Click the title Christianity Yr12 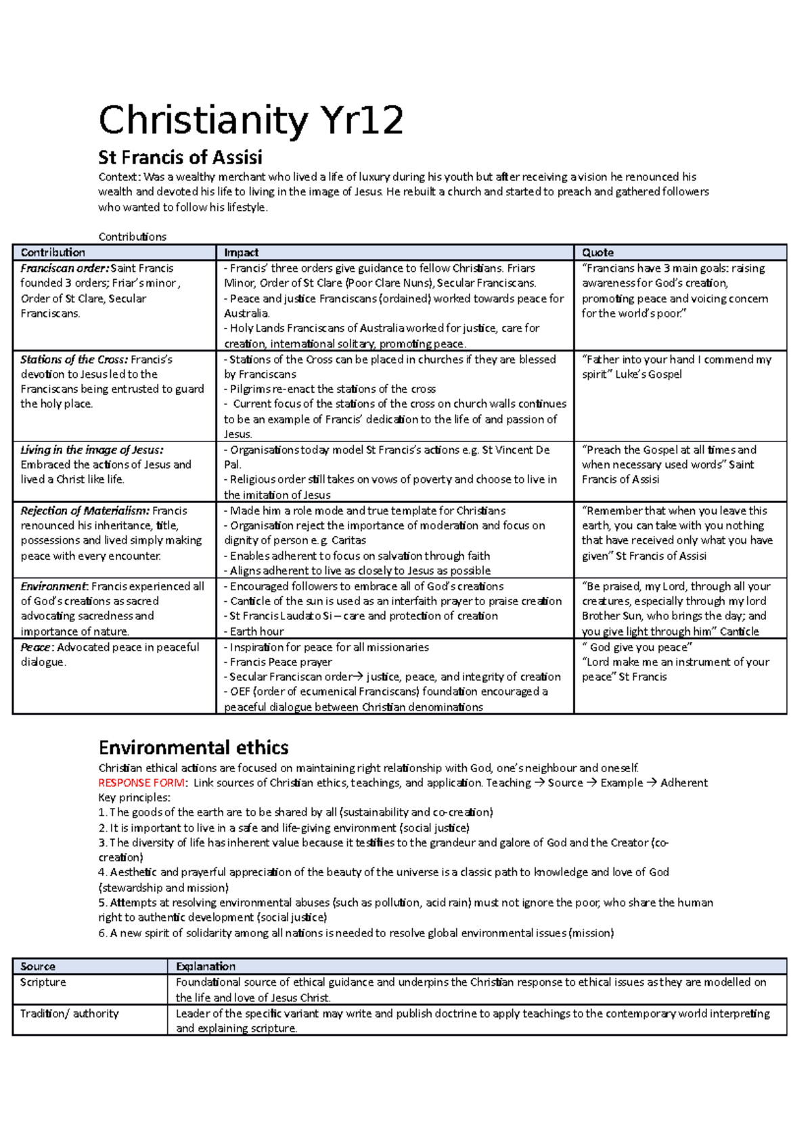(x=250, y=120)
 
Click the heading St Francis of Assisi (x=180, y=158)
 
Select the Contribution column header (x=53, y=252)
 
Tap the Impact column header (x=241, y=252)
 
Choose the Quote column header (x=597, y=252)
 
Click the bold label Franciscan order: (x=64, y=268)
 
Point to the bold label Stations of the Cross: (x=74, y=360)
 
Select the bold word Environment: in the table (x=54, y=587)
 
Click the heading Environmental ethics (x=194, y=748)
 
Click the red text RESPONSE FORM (x=141, y=783)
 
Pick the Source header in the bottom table (x=38, y=967)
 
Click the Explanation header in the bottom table (x=206, y=967)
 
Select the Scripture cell (x=43, y=982)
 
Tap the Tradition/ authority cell (x=69, y=1013)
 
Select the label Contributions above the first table (x=132, y=237)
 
